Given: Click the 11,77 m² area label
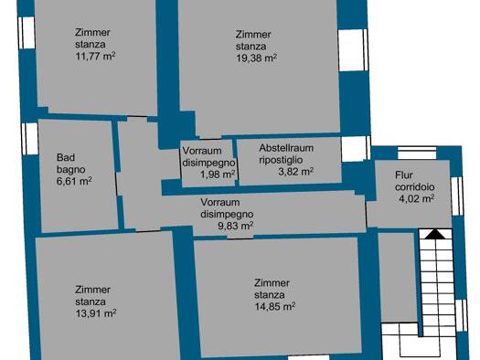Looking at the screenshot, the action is pos(95,56).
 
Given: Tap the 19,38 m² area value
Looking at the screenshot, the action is pos(256,58).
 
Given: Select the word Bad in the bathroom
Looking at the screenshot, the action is pos(66,157).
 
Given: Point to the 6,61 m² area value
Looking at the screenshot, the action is pos(74,181).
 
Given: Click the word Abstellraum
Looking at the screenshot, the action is pos(286,148).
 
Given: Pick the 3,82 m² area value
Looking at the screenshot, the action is pos(295,172).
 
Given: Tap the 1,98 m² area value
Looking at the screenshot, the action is pos(218,175).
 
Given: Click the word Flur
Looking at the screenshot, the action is pos(404,175).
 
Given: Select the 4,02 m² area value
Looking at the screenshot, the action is pos(416,199).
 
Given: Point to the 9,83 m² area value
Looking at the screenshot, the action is pos(235,226).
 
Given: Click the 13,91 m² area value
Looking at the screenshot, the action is pos(95,313).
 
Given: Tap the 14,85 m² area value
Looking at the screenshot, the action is pos(275,306).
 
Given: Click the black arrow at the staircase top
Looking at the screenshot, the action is pos(435,234).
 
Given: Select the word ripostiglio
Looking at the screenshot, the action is pos(281,160).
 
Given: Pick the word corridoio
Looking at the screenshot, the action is pos(414,187).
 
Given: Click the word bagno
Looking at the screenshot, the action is pos(70,169).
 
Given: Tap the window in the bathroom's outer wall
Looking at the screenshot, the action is pos(29,139).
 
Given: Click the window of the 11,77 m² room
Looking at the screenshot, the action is pos(27,33).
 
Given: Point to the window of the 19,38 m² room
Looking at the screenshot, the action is pos(353,50).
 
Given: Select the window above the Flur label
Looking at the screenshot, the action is pos(417,153).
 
